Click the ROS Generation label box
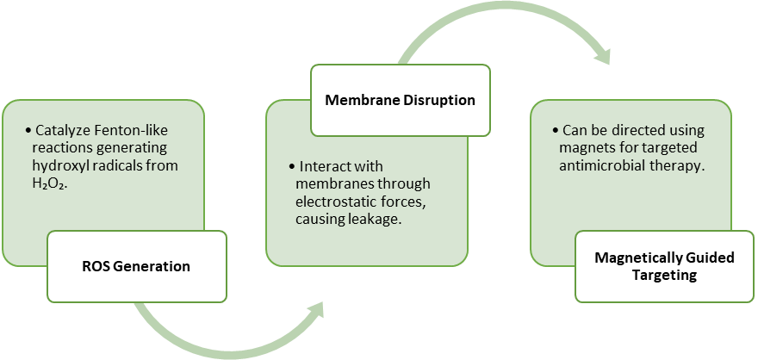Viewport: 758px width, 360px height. click(x=137, y=266)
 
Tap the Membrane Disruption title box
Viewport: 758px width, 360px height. click(x=401, y=101)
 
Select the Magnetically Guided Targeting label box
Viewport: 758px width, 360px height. click(x=664, y=266)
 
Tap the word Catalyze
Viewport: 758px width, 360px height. click(x=60, y=131)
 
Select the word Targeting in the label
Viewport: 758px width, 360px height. click(x=664, y=276)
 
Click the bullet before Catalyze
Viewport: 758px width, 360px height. click(x=28, y=132)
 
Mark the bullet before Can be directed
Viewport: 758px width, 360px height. click(x=556, y=132)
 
